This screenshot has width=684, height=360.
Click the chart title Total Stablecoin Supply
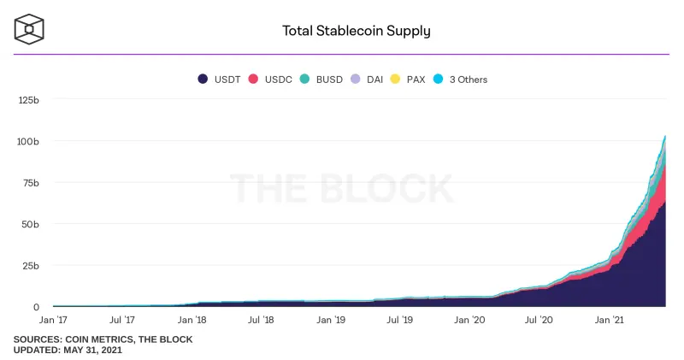(x=356, y=31)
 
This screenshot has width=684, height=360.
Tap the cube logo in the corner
(x=29, y=29)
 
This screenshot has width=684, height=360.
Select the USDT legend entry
(x=219, y=80)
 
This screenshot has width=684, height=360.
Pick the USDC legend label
(x=279, y=80)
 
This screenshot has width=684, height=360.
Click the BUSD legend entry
(x=321, y=80)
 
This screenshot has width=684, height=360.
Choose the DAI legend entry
(x=367, y=80)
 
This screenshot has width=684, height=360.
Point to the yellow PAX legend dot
(x=395, y=79)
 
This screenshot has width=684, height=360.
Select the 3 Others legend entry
(x=460, y=80)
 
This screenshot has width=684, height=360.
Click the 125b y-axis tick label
(x=28, y=100)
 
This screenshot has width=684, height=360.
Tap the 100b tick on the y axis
(x=28, y=141)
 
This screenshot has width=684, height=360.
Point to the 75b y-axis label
(x=31, y=183)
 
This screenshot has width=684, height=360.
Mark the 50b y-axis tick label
(x=31, y=224)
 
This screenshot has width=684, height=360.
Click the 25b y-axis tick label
(x=31, y=266)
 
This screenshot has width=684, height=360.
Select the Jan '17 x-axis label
(x=53, y=320)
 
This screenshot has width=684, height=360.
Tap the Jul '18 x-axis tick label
(x=261, y=320)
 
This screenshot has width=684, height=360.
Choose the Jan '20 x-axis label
(x=469, y=320)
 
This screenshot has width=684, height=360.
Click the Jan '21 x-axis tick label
(x=609, y=320)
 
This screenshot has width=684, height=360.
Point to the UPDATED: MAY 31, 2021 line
(x=68, y=350)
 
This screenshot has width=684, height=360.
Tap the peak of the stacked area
(x=665, y=136)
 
